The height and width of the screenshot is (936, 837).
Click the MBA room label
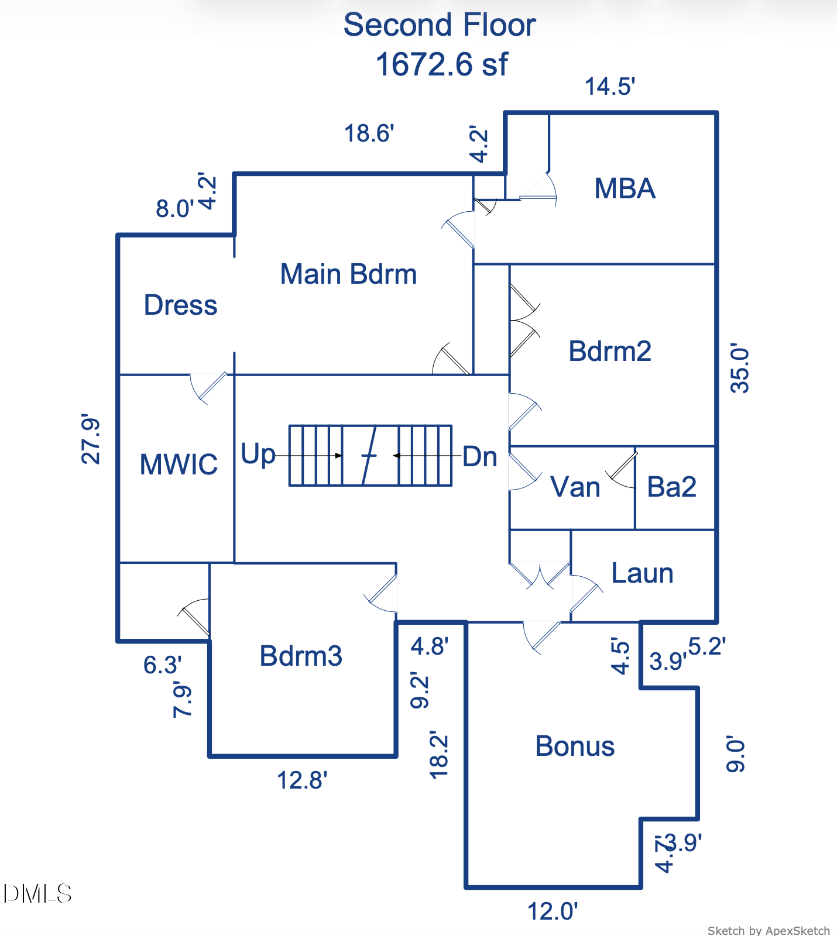click(x=625, y=188)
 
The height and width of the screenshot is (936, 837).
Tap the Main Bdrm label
click(x=348, y=274)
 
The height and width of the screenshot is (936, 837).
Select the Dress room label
click(x=180, y=305)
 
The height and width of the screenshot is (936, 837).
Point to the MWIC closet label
click(x=179, y=464)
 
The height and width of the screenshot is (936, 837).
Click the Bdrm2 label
click(x=610, y=351)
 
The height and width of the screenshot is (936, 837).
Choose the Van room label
click(x=575, y=487)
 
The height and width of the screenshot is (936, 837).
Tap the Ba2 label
click(x=671, y=487)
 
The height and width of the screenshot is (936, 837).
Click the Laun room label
click(x=642, y=573)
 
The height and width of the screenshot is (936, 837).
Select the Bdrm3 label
click(x=301, y=656)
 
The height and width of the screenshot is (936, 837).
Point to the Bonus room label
click(x=575, y=746)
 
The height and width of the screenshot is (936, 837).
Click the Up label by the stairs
click(x=258, y=454)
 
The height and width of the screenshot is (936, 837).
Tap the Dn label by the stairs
click(x=480, y=456)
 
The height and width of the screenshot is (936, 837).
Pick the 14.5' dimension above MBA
click(x=610, y=87)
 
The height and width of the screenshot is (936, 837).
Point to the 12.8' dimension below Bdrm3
click(x=301, y=780)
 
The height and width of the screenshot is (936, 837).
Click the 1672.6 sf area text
click(x=441, y=64)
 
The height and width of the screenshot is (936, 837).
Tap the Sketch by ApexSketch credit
click(x=768, y=930)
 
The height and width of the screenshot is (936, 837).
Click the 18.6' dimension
click(x=369, y=133)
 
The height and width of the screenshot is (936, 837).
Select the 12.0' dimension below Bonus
click(x=553, y=911)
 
